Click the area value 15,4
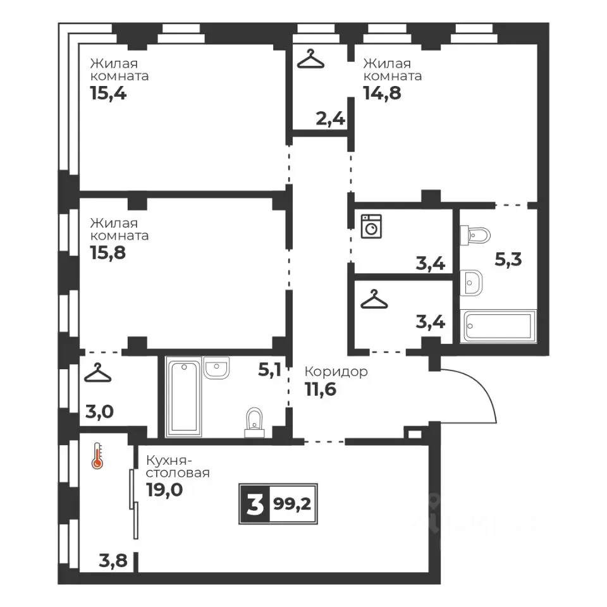click(108, 94)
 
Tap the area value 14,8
click(382, 94)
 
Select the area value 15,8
click(108, 253)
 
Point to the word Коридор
click(336, 372)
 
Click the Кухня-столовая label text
click(178, 467)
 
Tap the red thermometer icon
click(97, 456)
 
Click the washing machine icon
click(371, 226)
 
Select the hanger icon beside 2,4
click(310, 59)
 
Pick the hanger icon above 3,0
click(97, 372)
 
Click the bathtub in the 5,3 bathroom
click(498, 326)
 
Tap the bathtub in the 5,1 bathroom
click(184, 397)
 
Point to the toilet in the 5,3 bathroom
click(475, 235)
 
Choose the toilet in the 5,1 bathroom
click(254, 422)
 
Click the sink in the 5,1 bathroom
click(216, 367)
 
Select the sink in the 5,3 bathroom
click(471, 283)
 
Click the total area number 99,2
click(292, 504)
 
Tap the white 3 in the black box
click(255, 505)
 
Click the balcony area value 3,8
click(113, 560)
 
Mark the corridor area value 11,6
click(321, 389)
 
